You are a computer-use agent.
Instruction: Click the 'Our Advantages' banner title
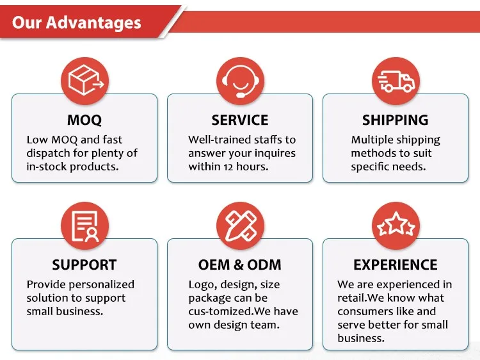77,22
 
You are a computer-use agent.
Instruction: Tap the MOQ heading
84,120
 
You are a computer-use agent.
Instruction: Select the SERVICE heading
240,120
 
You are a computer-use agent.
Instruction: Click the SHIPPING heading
396,120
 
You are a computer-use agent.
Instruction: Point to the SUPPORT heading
84,265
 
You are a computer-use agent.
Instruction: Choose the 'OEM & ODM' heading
240,265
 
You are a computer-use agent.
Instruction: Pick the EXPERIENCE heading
396,265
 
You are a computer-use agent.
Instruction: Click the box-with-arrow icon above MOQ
84,81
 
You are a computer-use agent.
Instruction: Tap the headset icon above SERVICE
240,81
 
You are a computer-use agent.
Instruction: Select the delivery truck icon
396,81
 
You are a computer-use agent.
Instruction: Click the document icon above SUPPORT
84,226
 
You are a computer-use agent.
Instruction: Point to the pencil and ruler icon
240,226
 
